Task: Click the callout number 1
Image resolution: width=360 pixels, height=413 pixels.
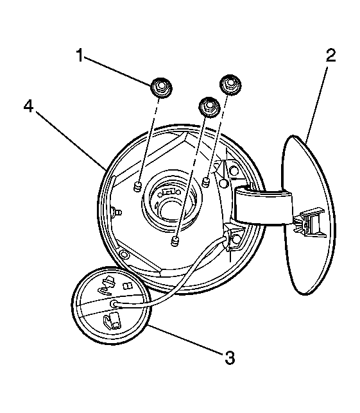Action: (x=80, y=55)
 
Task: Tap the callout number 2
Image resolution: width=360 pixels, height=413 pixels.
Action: (x=330, y=55)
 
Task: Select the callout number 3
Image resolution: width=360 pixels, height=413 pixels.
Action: (x=230, y=358)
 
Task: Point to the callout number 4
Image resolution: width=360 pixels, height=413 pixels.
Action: (x=28, y=106)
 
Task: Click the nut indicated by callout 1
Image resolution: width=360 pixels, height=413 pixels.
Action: (x=161, y=88)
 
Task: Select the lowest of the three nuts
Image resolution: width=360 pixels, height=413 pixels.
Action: (x=209, y=107)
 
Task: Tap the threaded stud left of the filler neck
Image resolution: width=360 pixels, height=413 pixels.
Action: (x=137, y=187)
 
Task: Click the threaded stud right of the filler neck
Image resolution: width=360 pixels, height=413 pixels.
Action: (x=206, y=182)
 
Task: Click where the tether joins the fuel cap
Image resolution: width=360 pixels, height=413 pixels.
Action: (x=114, y=304)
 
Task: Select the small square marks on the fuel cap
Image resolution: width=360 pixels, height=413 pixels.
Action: (x=127, y=286)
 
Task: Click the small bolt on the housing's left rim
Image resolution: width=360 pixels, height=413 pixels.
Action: (x=116, y=212)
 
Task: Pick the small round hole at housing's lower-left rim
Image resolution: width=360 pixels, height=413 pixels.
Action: (x=124, y=254)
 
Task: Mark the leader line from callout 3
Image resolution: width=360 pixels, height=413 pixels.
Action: (x=185, y=339)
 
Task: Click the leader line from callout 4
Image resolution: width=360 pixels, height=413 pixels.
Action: (x=71, y=140)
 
